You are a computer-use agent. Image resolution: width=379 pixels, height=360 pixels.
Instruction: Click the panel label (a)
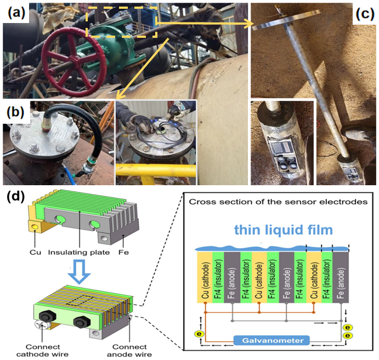16,13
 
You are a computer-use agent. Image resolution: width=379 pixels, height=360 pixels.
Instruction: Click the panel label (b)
16,112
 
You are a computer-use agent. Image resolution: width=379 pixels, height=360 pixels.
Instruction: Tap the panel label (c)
365,14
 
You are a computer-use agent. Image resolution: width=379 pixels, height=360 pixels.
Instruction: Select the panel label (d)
16,197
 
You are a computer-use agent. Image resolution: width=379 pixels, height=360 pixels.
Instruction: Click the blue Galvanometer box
271,340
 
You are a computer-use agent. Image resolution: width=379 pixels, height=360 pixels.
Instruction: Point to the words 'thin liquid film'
283,230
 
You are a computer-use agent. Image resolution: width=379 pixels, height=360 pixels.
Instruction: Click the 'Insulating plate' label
79,253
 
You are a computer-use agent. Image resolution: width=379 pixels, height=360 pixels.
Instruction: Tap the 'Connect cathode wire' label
43,351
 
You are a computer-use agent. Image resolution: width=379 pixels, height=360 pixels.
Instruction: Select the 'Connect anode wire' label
129,351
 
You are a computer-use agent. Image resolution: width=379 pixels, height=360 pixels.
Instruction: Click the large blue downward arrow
79,272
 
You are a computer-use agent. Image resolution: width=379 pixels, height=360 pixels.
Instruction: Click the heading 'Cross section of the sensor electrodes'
278,202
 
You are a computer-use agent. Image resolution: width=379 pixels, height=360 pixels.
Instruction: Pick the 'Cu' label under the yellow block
35,253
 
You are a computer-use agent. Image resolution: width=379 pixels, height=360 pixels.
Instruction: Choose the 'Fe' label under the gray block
123,253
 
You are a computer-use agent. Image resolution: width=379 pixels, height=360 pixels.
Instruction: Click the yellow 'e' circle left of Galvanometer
199,334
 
